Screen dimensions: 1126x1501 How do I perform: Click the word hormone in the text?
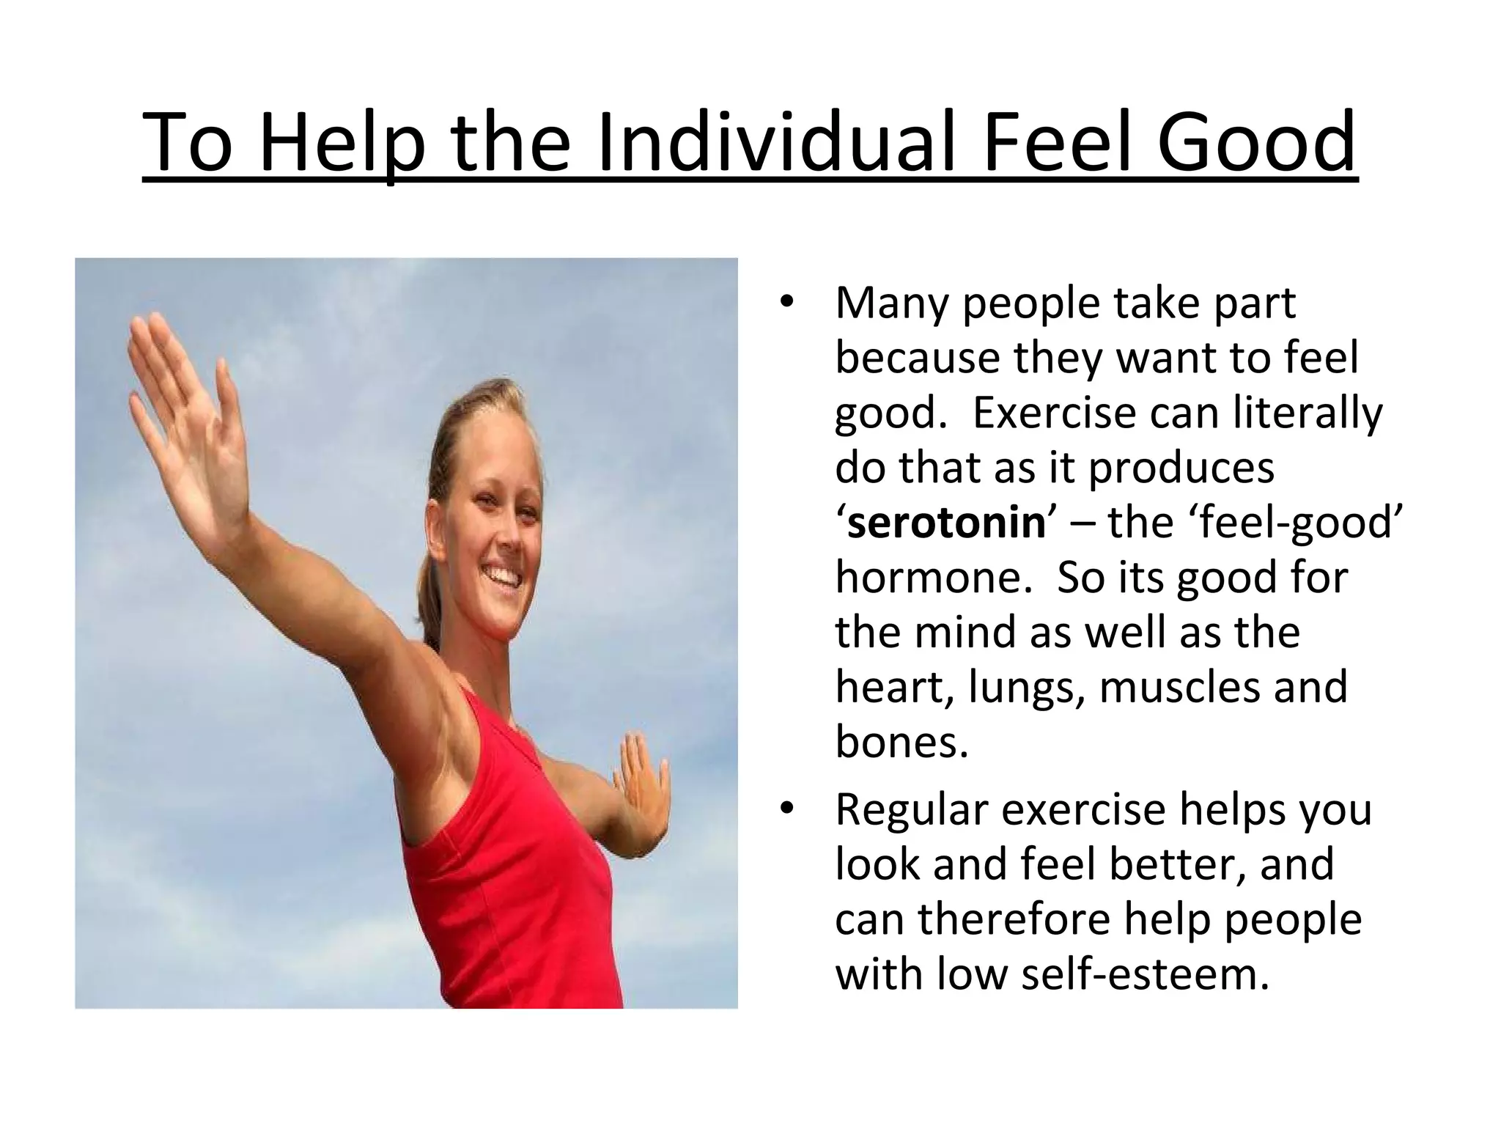pyautogui.click(x=928, y=577)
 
